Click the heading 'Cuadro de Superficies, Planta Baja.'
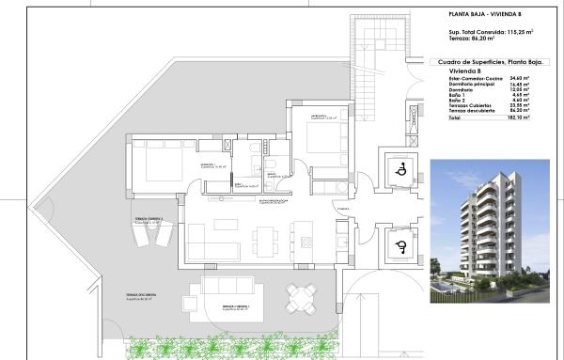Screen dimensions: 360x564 493,62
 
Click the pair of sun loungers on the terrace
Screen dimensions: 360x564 150,242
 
